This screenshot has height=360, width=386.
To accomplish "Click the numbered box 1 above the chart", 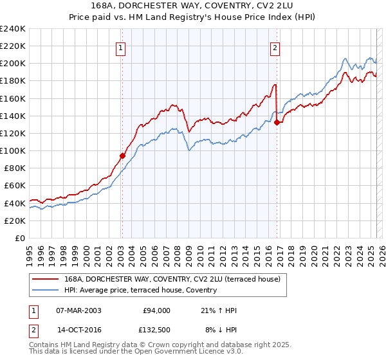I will pyautogui.click(x=121, y=46).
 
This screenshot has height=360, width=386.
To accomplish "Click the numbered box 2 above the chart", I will pyautogui.click(x=275, y=46).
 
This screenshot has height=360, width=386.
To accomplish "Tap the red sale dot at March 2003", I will pyautogui.click(x=122, y=155).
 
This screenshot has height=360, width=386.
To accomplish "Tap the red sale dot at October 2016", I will pyautogui.click(x=277, y=122).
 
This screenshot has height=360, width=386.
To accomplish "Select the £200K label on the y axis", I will pyautogui.click(x=12, y=63).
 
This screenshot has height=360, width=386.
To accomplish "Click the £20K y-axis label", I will pyautogui.click(x=15, y=221).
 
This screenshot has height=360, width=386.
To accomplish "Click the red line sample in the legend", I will pyautogui.click(x=46, y=280).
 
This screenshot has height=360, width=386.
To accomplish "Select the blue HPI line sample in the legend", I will pyautogui.click(x=46, y=291).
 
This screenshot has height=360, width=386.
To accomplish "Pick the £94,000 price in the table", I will pyautogui.click(x=156, y=310).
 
